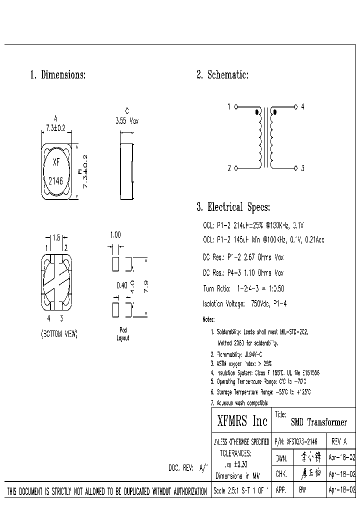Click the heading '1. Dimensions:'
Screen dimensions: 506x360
point(58,75)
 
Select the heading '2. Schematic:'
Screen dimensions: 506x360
point(222,75)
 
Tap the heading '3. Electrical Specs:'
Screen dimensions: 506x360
point(233,207)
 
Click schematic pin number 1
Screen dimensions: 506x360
point(229,107)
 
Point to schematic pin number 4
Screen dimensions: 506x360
point(303,107)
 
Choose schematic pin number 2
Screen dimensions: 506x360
point(229,168)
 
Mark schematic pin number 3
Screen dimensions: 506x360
point(303,168)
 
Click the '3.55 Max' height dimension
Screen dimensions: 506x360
point(126,121)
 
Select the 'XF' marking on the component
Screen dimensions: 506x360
point(56,162)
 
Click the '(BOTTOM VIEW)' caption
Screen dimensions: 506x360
point(59,334)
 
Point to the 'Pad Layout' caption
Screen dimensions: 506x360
point(122,334)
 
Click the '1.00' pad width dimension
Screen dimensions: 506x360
point(115,234)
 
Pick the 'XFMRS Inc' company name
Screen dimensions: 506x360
point(242,421)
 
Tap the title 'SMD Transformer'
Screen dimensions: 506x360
point(319,422)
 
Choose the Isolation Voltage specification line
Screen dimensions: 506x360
point(244,304)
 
